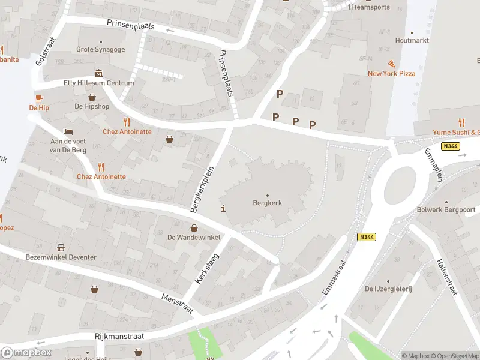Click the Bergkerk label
click(x=268, y=203)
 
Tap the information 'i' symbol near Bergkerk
click(x=224, y=209)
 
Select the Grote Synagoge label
click(x=101, y=49)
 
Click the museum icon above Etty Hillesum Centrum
click(x=99, y=73)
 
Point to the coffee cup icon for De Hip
click(x=39, y=97)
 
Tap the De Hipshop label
click(x=92, y=106)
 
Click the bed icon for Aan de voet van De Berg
click(x=68, y=131)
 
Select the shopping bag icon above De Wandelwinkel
click(x=194, y=227)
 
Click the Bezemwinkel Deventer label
click(x=61, y=257)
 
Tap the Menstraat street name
click(x=178, y=304)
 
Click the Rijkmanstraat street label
click(x=119, y=337)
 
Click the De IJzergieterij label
click(x=388, y=289)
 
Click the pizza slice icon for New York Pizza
click(x=392, y=63)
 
